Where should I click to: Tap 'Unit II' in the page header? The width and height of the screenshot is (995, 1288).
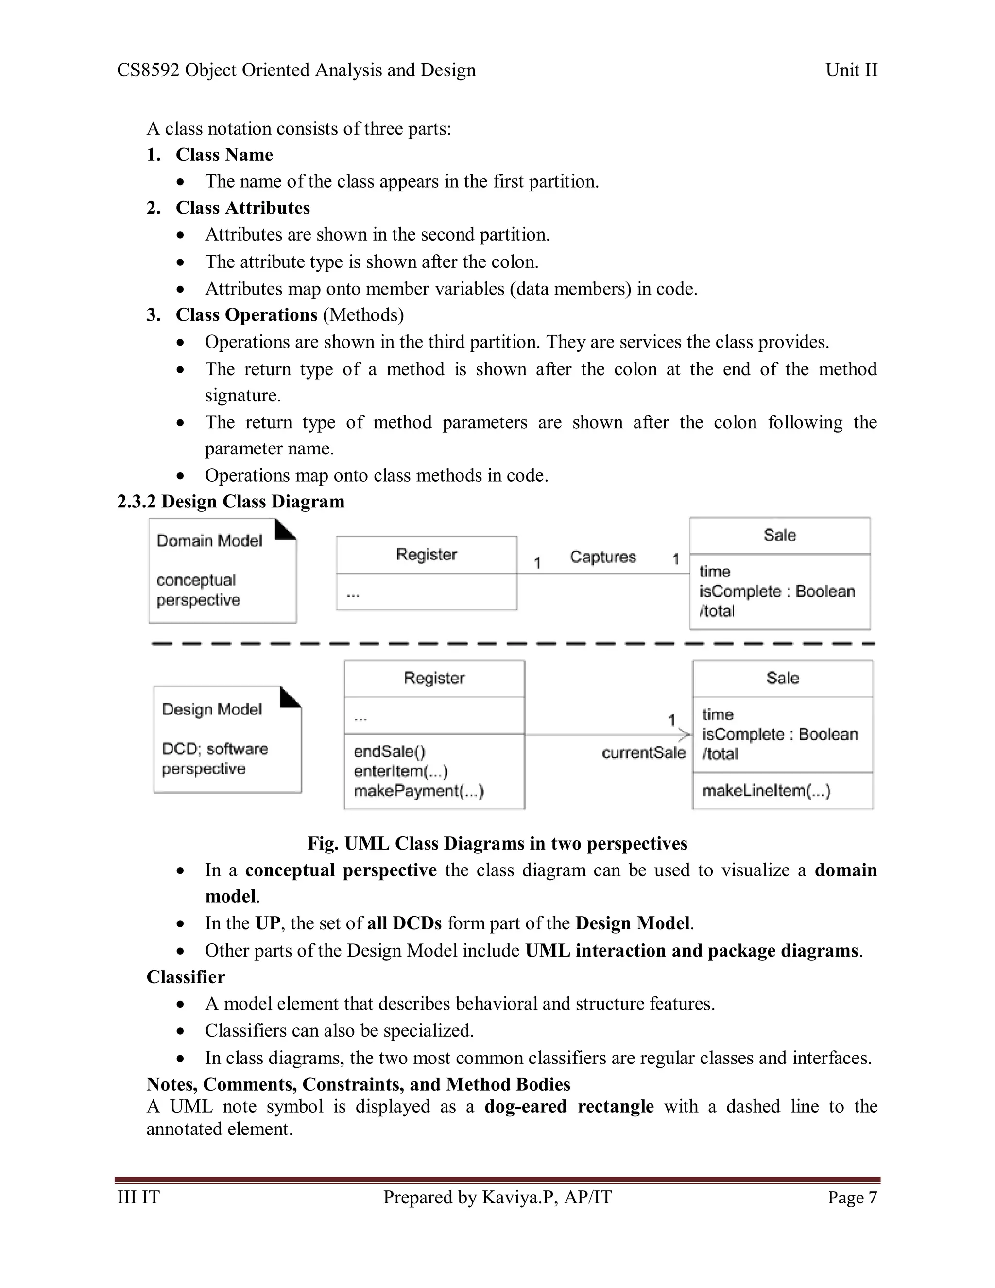[851, 70]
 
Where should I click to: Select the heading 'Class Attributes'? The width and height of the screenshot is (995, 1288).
[242, 208]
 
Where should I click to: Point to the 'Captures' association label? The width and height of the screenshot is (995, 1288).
[602, 557]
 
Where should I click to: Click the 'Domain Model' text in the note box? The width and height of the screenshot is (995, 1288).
[209, 541]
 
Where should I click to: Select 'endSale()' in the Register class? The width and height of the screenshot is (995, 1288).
[389, 751]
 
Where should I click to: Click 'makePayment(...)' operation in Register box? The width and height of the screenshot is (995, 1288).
[418, 791]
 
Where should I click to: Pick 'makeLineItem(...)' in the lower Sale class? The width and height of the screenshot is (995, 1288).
[766, 791]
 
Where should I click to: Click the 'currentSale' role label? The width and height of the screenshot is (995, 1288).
[643, 753]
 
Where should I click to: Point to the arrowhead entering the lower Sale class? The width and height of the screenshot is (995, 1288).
[685, 735]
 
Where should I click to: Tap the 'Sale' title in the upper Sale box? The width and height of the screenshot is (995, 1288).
[779, 535]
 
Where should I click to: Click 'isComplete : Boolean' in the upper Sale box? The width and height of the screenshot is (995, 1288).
[776, 592]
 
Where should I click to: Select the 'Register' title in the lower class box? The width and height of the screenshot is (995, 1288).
[434, 678]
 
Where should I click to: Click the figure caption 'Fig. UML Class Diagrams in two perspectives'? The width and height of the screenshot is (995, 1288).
[497, 843]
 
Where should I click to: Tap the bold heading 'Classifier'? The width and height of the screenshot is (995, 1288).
[186, 977]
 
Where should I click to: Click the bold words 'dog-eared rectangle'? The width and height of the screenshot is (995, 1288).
[569, 1106]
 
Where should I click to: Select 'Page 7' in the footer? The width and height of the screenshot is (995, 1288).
[852, 1198]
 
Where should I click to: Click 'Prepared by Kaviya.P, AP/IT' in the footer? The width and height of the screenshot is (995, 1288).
[497, 1198]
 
